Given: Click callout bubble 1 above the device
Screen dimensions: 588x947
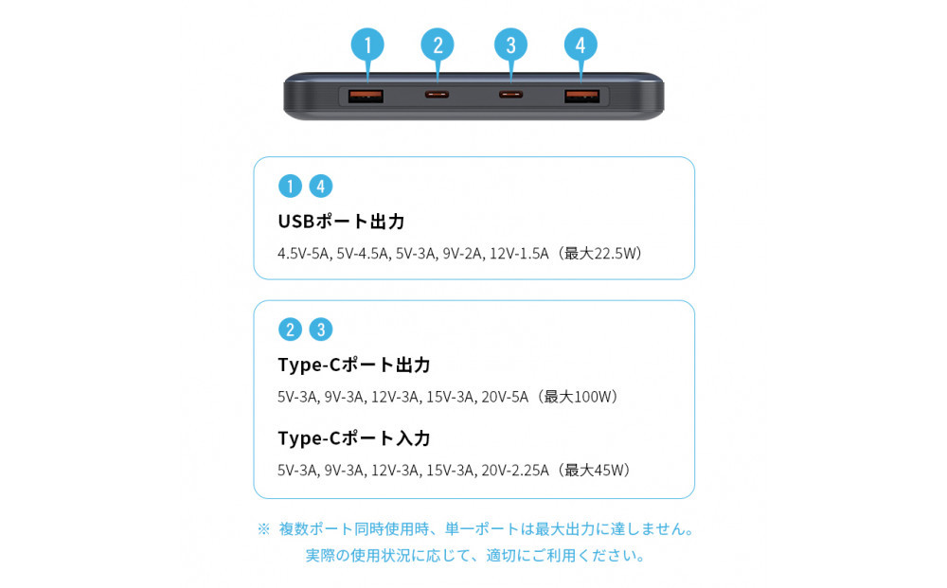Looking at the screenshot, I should pos(367,45).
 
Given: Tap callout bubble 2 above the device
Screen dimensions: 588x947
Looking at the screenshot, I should pos(438,45).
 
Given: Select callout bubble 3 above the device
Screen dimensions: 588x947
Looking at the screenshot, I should pos(510,45).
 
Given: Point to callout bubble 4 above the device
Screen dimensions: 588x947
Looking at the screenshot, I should pos(581,45).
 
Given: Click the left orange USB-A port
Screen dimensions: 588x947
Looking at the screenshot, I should pos(366,96).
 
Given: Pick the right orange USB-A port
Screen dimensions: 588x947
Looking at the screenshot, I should pos(581,96).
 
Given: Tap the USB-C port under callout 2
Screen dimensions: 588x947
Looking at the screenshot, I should pos(438,96).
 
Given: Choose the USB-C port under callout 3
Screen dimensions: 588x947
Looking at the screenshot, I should pos(510,96).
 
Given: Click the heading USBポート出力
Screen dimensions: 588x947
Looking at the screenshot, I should pos(341,222).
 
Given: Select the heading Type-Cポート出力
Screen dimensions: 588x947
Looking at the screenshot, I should pos(354,365).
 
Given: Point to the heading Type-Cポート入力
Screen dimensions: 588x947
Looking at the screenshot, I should pos(354,438).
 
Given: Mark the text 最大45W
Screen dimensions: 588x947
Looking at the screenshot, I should pos(597,471).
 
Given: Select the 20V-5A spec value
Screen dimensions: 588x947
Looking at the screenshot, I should pos(504,397).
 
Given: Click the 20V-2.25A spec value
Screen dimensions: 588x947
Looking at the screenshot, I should pos(514,471).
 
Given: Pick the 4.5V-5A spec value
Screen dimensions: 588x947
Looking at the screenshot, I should pos(303,254).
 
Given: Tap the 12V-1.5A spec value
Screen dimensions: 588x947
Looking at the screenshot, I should pos(519,254).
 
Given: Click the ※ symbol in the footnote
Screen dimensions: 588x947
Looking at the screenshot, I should pos(264,529).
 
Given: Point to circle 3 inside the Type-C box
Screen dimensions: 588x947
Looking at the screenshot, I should pos(321,330).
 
